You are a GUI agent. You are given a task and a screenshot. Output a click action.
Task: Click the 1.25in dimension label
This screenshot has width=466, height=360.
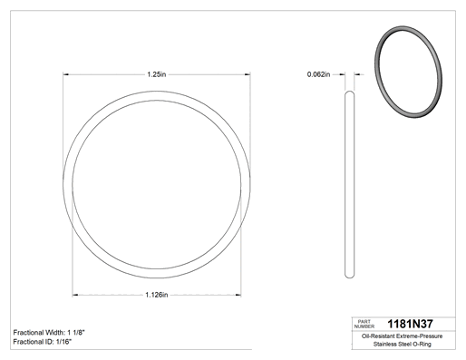click(x=157, y=74)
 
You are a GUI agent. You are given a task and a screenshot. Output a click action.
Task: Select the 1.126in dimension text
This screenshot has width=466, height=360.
click(x=157, y=295)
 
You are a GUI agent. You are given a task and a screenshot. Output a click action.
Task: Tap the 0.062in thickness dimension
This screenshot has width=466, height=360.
click(x=318, y=74)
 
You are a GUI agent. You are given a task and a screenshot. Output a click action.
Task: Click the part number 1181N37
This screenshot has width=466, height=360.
click(x=410, y=324)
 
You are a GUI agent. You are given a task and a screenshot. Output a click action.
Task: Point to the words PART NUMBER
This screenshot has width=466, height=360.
click(x=364, y=324)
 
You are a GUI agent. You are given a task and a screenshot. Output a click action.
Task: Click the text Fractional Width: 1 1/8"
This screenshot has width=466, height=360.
click(x=49, y=333)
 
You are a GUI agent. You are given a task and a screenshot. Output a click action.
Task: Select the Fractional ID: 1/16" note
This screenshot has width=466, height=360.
click(x=43, y=342)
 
